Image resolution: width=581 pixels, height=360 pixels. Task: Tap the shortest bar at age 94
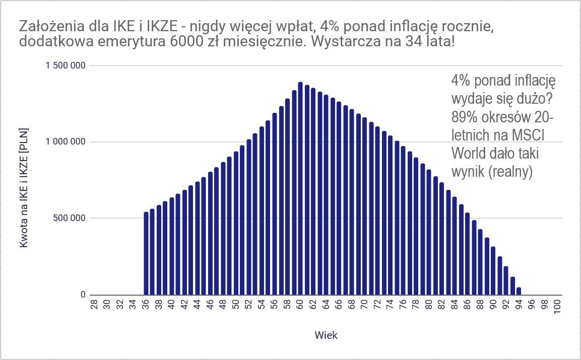(x=519, y=291)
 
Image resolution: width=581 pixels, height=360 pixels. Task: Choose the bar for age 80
(x=429, y=232)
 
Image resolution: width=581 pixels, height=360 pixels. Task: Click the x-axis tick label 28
(x=94, y=305)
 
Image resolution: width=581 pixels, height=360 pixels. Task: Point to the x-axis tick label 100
(x=557, y=307)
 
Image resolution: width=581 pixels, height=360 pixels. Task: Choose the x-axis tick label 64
(x=326, y=305)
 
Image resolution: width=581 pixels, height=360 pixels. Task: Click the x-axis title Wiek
(x=326, y=335)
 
